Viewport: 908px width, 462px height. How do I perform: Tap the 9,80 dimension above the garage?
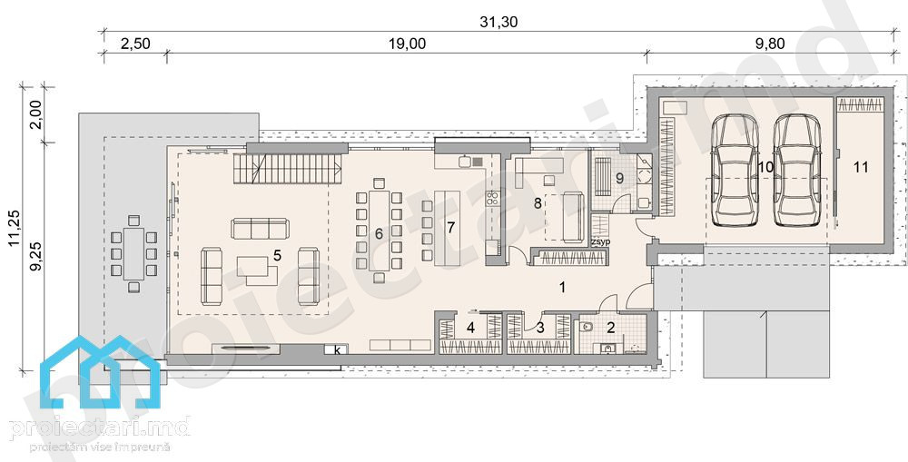770,44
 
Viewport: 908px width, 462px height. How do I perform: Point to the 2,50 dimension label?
135,44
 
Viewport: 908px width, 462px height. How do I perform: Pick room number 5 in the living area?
277,255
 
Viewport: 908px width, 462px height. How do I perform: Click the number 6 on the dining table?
380,234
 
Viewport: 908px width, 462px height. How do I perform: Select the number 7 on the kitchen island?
449,227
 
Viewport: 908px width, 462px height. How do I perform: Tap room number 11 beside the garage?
861,167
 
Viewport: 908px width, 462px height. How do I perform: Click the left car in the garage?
735,170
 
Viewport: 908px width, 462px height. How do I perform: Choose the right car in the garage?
797,170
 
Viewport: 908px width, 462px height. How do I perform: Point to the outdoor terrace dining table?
133,253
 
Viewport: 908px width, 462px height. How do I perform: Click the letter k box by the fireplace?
337,349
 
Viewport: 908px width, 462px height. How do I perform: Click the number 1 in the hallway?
561,287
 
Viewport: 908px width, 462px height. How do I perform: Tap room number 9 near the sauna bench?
619,178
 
